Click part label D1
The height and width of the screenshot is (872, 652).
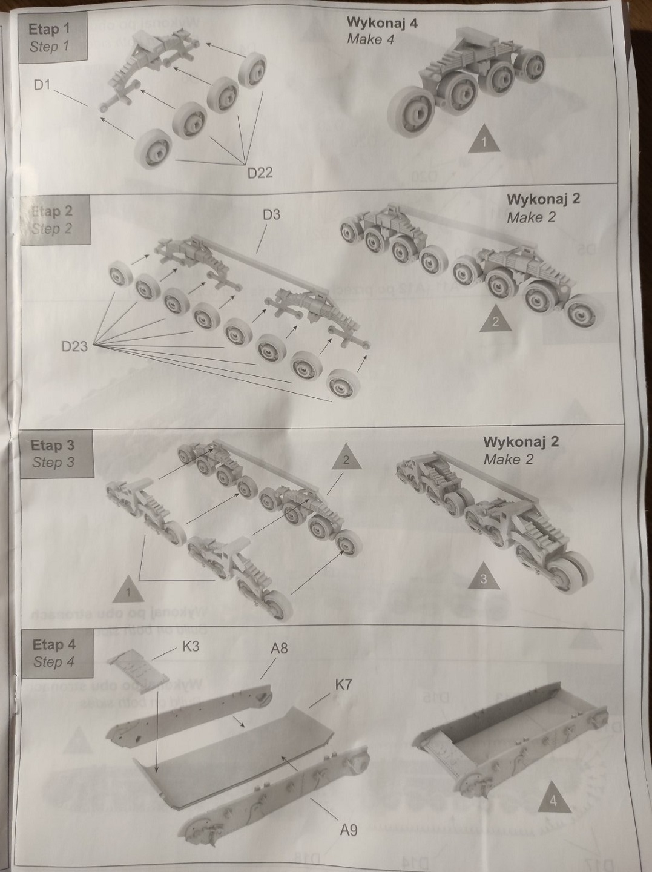tap(42, 85)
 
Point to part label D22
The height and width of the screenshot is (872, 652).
tap(260, 173)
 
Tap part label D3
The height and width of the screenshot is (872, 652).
tap(271, 214)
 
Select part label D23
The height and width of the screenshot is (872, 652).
tap(74, 346)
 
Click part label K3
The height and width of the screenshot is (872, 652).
tap(191, 646)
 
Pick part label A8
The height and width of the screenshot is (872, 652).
tap(279, 649)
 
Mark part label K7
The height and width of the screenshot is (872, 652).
tap(343, 685)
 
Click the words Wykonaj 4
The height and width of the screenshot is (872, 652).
tap(382, 23)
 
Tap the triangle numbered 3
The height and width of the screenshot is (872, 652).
tap(482, 574)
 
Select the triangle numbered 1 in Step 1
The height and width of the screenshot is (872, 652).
tap(483, 140)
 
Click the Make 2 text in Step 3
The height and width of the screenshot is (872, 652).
tap(508, 460)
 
